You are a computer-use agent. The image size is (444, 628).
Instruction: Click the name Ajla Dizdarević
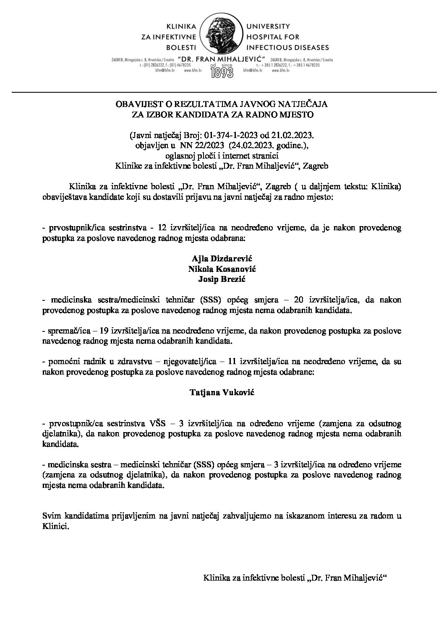pos(222,257)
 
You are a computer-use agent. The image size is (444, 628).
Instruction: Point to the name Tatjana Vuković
pos(222,393)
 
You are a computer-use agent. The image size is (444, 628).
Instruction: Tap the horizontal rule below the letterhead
pos(222,91)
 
